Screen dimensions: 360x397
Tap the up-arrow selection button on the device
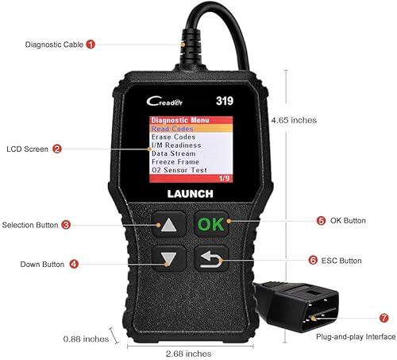170,224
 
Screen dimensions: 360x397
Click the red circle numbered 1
91,45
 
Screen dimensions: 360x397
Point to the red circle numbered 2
58,149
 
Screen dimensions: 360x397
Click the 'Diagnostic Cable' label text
52,45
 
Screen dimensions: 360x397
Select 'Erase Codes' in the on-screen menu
173,137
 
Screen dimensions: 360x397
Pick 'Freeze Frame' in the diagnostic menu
175,161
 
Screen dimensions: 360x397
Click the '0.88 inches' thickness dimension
87,339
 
